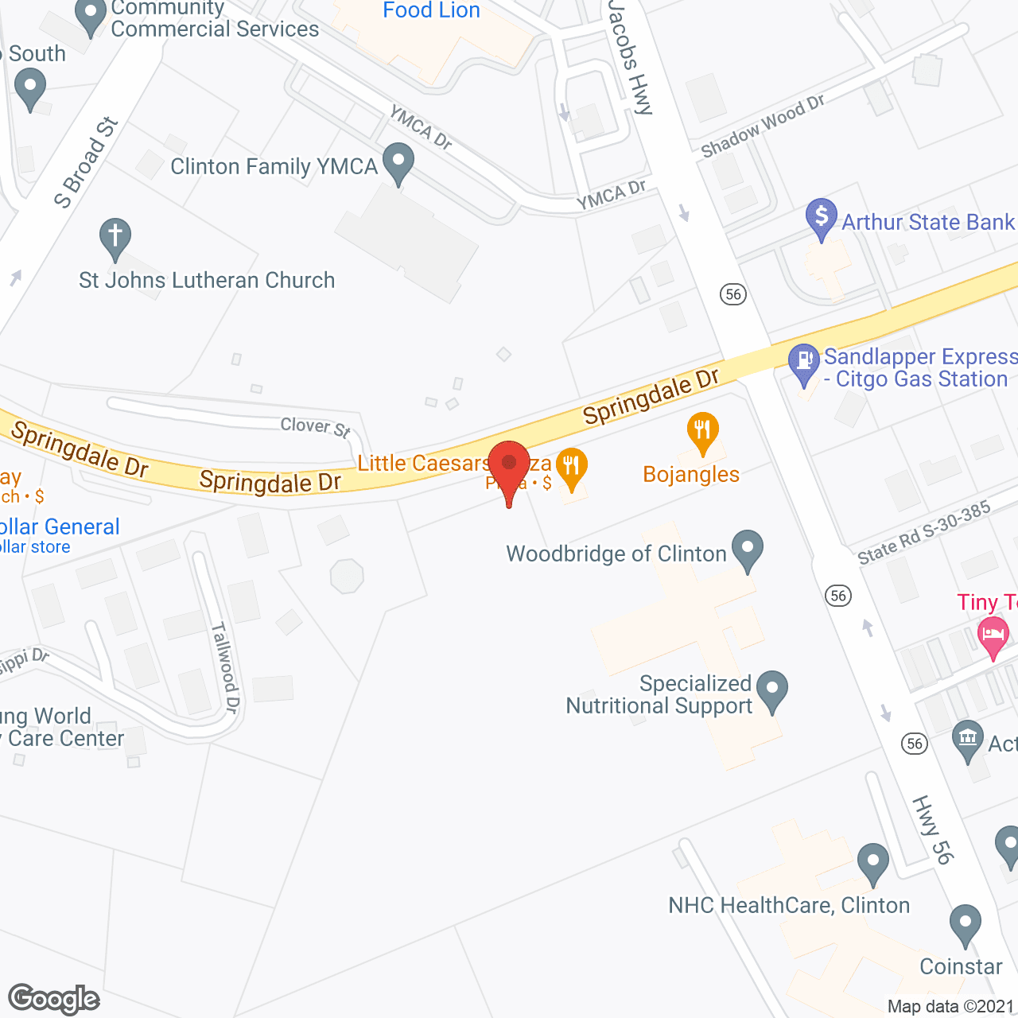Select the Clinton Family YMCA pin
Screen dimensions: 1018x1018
(398, 162)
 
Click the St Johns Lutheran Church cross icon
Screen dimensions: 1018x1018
(115, 238)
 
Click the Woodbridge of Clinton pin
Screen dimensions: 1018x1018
(747, 550)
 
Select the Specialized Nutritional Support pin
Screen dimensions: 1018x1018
(771, 690)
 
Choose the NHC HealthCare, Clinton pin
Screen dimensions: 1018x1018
(873, 863)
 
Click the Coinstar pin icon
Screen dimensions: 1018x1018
(966, 925)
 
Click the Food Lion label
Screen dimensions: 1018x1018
(431, 10)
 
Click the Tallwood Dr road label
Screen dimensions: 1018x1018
(225, 666)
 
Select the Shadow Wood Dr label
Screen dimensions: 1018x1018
(762, 125)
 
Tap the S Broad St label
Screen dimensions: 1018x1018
(86, 163)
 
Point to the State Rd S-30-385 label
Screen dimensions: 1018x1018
(924, 533)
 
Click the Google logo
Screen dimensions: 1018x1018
(53, 999)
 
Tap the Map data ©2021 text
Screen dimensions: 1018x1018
(950, 1006)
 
